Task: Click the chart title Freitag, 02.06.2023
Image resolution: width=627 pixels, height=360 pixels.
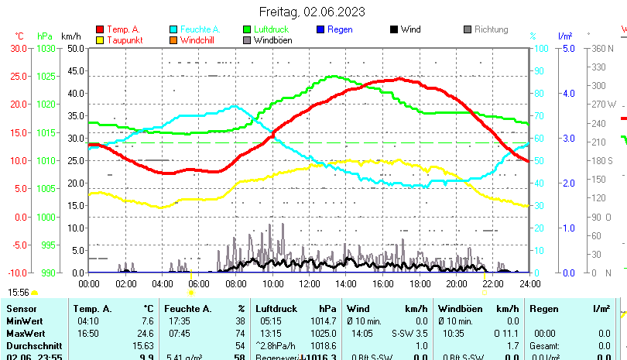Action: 313,12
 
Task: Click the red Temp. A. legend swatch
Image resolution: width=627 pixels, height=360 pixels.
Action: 100,30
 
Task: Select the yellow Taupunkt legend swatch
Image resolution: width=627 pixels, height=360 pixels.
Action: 100,40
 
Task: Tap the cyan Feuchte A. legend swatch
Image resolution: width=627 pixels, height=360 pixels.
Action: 173,30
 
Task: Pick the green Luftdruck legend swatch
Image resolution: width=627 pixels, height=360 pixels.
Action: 247,30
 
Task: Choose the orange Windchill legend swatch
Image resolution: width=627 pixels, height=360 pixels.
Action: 173,40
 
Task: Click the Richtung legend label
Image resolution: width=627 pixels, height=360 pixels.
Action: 491,30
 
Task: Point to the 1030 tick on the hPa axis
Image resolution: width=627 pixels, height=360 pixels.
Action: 46,48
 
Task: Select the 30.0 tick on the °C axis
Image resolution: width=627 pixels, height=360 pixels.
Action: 19,48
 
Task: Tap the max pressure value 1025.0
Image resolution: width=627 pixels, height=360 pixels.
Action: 324,333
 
